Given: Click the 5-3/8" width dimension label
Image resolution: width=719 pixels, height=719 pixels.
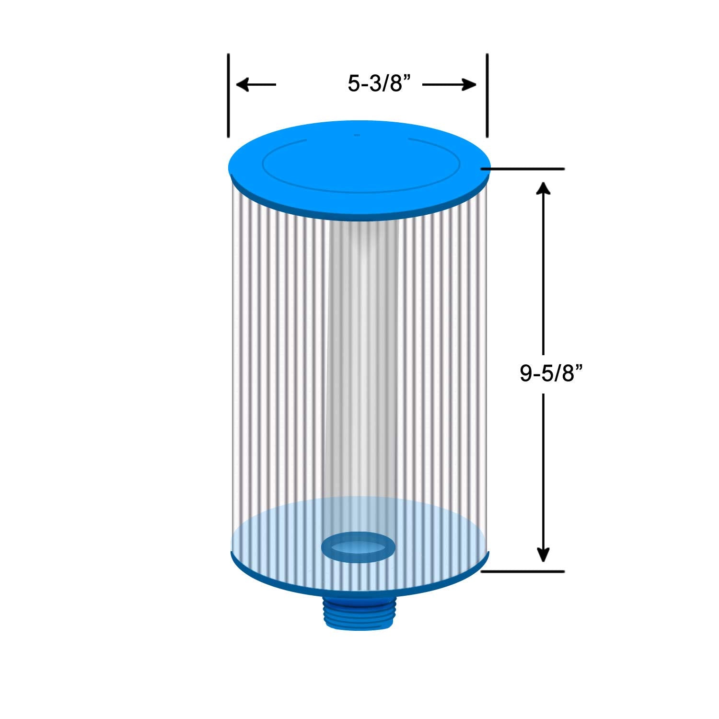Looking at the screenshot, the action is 380,84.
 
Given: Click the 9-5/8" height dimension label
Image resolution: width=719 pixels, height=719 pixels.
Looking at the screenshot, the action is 553,373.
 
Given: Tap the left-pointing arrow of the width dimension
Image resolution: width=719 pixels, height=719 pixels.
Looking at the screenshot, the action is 256,85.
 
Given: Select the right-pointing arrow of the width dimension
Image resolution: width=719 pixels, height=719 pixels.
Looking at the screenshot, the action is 450,85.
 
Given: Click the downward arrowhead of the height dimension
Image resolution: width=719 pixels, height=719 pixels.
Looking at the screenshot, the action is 543,555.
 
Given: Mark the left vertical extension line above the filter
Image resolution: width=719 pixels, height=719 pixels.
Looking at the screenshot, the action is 229,95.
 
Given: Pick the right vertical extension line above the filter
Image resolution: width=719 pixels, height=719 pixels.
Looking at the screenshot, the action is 487,95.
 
